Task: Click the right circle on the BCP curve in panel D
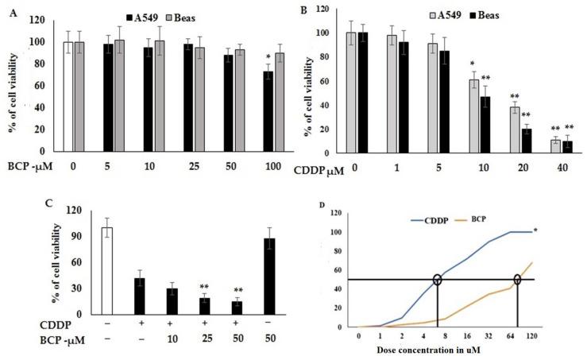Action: click(x=517, y=279)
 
